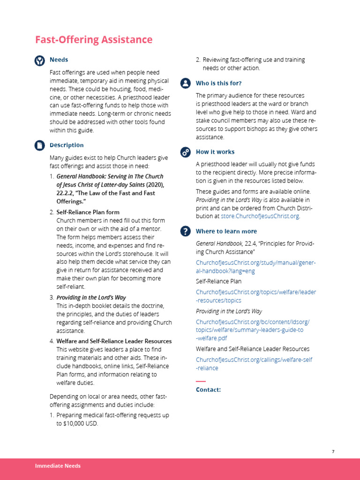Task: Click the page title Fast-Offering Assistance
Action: (x=94, y=40)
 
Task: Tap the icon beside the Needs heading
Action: (x=40, y=60)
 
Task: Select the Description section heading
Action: (x=67, y=145)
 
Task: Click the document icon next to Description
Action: (x=40, y=145)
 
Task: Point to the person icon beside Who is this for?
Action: (x=186, y=83)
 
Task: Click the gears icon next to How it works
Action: (x=186, y=152)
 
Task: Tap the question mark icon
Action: (x=186, y=231)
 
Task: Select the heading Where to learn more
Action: (x=226, y=231)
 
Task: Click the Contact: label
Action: (x=208, y=390)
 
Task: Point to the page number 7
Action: (x=333, y=451)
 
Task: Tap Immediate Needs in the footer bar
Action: (x=58, y=466)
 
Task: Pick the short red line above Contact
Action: (x=201, y=381)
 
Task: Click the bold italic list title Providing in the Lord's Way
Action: (x=91, y=298)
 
